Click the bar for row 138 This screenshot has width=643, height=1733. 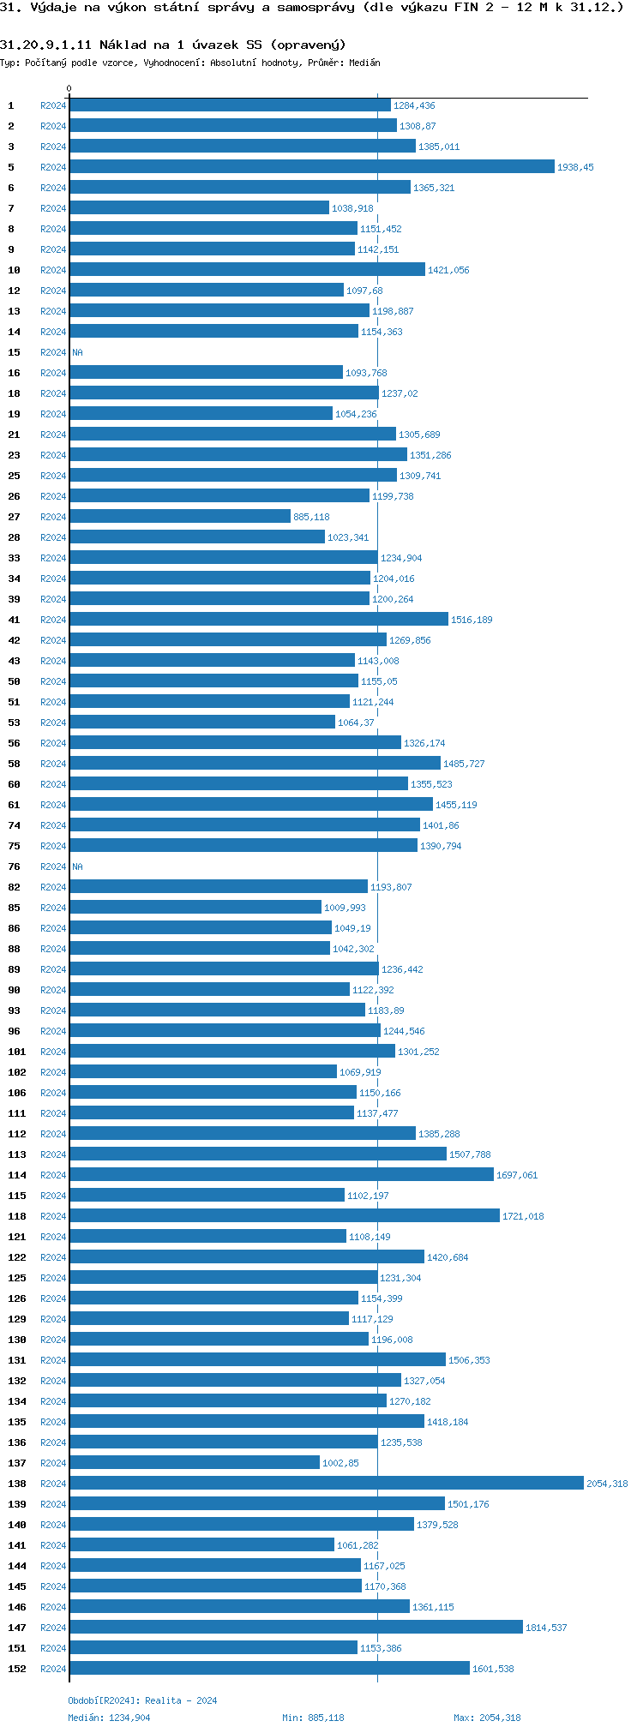326,1484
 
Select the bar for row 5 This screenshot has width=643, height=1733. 312,167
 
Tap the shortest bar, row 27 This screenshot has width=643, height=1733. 180,517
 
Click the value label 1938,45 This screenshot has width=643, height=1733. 575,167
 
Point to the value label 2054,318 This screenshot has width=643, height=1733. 607,1484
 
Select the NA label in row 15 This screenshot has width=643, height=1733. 77,352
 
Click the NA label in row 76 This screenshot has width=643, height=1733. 77,866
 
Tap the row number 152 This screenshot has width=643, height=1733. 17,1669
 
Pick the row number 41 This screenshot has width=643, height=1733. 14,620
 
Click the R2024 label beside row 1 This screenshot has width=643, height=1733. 53,105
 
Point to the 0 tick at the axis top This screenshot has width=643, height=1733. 69,88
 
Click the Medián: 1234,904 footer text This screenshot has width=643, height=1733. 109,1718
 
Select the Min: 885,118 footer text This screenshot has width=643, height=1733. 313,1718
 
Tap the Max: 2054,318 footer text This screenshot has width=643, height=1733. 487,1718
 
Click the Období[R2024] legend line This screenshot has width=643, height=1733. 142,1700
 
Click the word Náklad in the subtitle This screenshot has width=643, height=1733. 123,45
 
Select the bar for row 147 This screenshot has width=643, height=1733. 296,1628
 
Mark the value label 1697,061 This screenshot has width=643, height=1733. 517,1175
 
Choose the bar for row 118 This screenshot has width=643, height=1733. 285,1216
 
